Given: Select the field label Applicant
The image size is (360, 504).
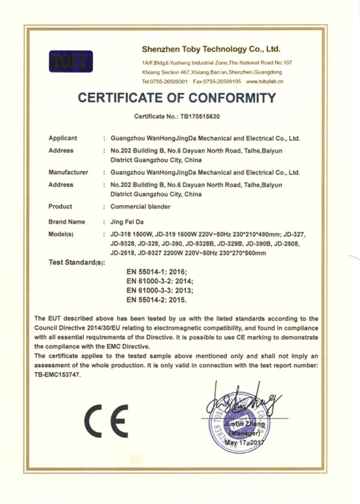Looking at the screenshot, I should [62, 139].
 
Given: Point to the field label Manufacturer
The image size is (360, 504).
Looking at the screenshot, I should [68, 172].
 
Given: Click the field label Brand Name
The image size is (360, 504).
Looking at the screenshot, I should [66, 221].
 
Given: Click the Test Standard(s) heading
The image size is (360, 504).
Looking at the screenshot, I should [76, 263].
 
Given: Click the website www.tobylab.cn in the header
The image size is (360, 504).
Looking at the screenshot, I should [263, 81].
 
